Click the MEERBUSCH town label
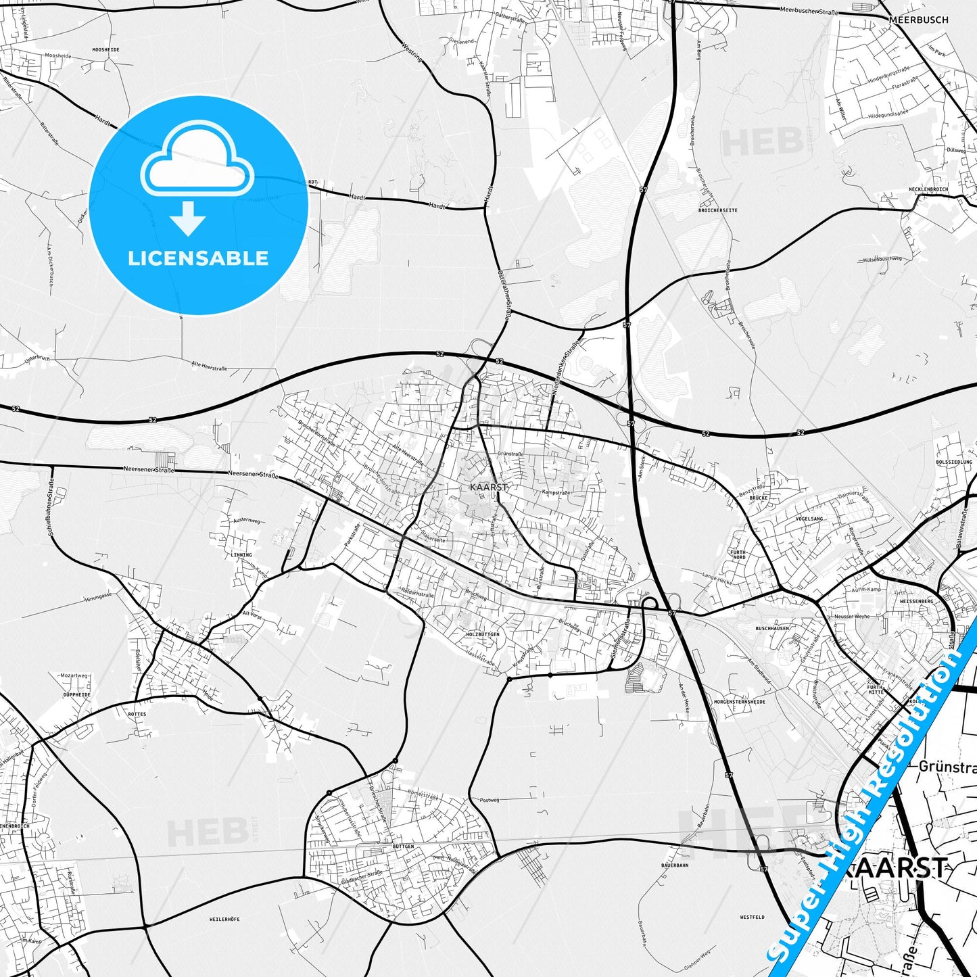[x=918, y=20]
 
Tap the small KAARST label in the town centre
[x=488, y=487]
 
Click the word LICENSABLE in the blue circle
[x=198, y=258]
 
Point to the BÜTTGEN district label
[x=403, y=846]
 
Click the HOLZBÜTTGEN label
[x=483, y=634]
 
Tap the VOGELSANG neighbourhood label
[x=809, y=519]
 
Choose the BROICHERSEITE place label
[x=718, y=210]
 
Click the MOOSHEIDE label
[x=105, y=50]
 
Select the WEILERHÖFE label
[x=224, y=919]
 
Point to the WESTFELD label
[x=752, y=918]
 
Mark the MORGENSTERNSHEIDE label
[x=740, y=702]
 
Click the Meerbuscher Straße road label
[x=809, y=11]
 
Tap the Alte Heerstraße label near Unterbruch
[x=209, y=366]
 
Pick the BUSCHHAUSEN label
[x=772, y=628]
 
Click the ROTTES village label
[x=137, y=714]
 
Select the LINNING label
[x=241, y=554]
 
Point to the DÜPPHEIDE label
[x=76, y=694]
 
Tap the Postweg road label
[x=489, y=800]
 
